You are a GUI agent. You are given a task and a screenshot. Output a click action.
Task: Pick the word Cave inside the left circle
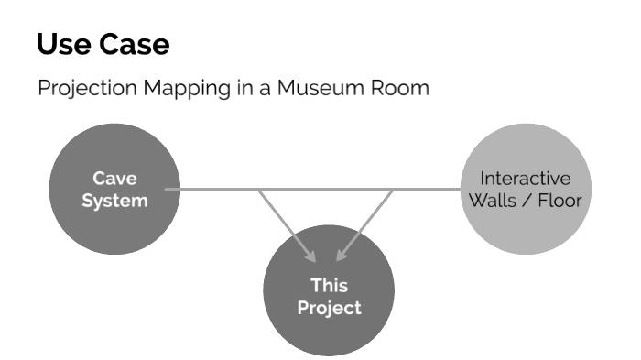pyautogui.click(x=114, y=179)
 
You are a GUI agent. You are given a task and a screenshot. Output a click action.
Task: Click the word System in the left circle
pyautogui.click(x=114, y=200)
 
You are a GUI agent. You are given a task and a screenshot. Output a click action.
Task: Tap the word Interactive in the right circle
pyautogui.click(x=525, y=179)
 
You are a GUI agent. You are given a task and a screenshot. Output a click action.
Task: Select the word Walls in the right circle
pyautogui.click(x=494, y=200)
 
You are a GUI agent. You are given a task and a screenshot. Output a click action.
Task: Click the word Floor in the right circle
pyautogui.click(x=559, y=200)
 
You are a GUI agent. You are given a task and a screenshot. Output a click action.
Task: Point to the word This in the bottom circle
pyautogui.click(x=329, y=286)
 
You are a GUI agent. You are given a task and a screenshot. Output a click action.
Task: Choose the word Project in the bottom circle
pyautogui.click(x=329, y=307)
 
